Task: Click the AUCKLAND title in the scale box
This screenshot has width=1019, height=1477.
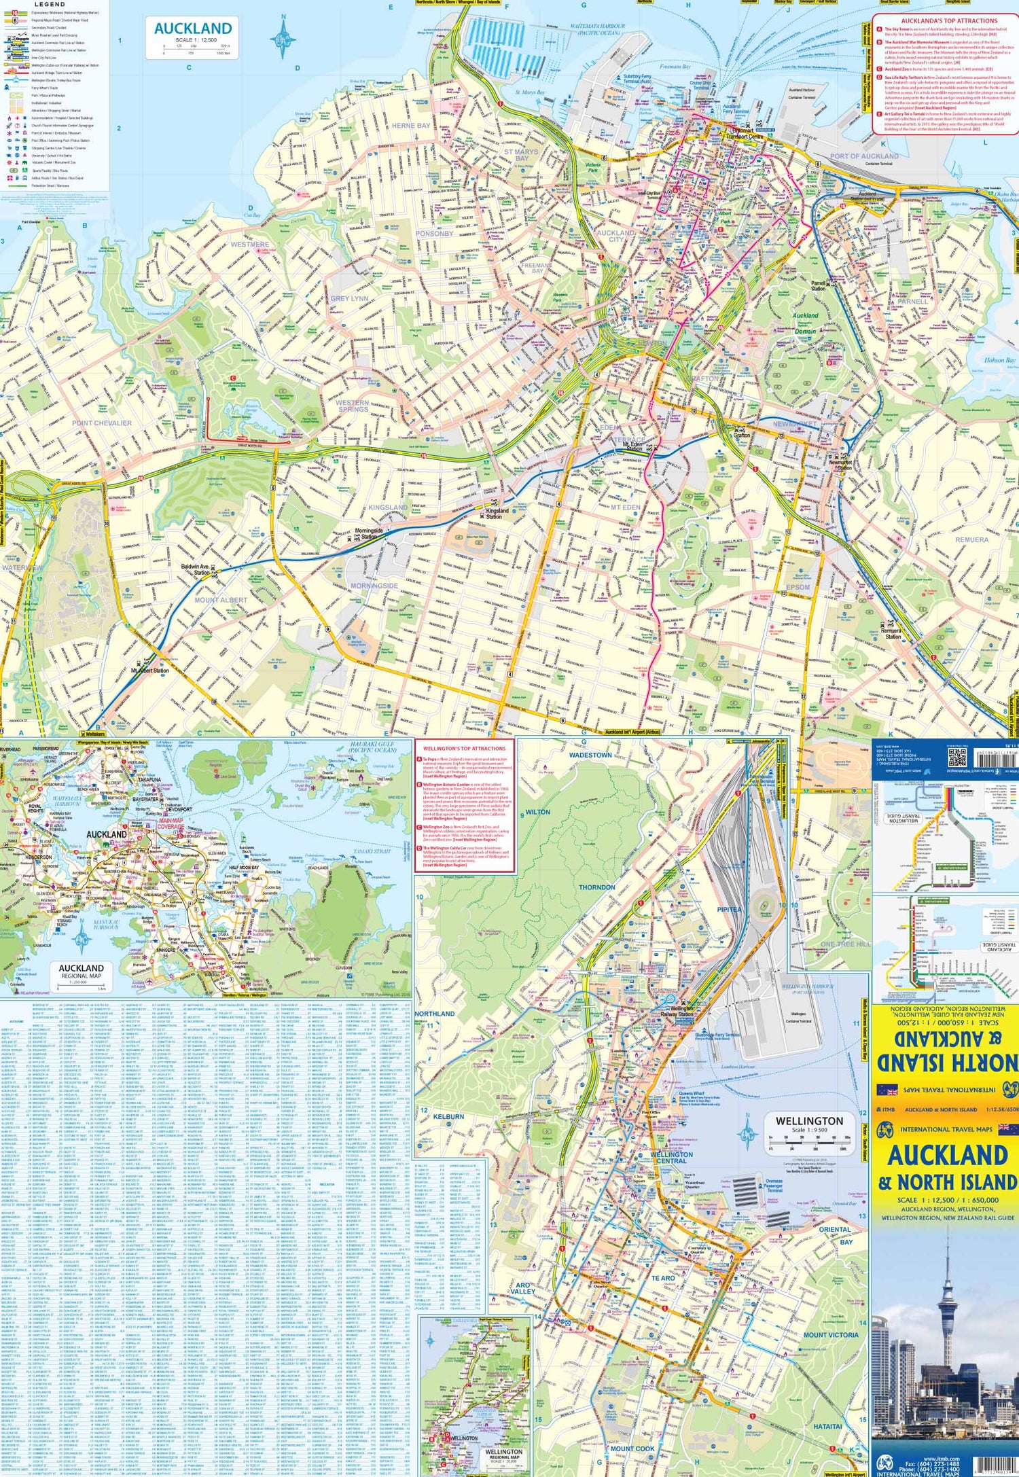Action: tap(193, 29)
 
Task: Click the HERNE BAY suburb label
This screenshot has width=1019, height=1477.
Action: tap(411, 126)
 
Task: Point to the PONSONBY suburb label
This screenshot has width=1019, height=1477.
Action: tap(434, 233)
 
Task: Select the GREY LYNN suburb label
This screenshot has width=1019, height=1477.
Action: tap(349, 298)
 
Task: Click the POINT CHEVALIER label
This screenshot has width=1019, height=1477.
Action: tap(102, 423)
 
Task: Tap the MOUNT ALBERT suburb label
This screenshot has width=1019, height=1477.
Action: tap(221, 600)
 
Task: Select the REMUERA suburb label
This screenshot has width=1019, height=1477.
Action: tap(971, 539)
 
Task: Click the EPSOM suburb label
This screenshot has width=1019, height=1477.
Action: tap(798, 587)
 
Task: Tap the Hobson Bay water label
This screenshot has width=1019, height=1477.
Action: tap(999, 361)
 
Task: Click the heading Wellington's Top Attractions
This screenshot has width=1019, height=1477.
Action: tap(465, 749)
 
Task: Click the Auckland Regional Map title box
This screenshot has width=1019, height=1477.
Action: tap(81, 971)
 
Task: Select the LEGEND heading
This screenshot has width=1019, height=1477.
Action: tap(50, 5)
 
